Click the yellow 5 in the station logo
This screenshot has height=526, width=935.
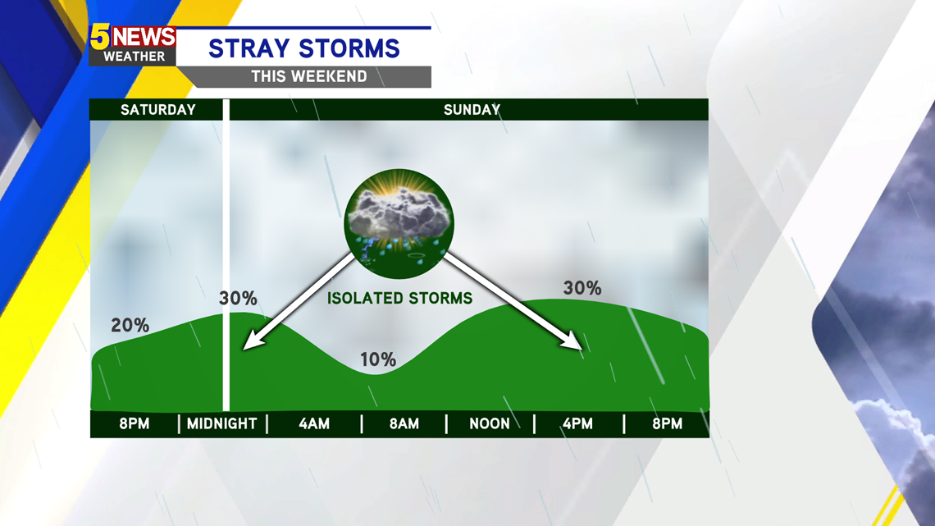pos(100,37)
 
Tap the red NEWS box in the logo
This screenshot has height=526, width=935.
pos(144,37)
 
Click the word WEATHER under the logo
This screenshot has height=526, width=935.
pos(135,57)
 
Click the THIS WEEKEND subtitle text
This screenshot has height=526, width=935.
pos(309,76)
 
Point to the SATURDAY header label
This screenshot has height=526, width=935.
pos(158,110)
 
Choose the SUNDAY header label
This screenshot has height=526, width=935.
pos(472,110)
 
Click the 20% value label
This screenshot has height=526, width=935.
pos(130,325)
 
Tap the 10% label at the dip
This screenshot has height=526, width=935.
pos(378,359)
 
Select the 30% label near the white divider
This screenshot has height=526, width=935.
pos(238,298)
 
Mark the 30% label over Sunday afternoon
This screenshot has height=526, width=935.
pos(582,288)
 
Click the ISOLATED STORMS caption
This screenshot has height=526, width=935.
pos(399,298)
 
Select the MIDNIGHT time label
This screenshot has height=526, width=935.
pos(221,424)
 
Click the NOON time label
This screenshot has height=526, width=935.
pos(490,424)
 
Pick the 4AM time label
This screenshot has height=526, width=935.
pos(314,424)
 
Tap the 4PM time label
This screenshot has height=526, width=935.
pos(578,424)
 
